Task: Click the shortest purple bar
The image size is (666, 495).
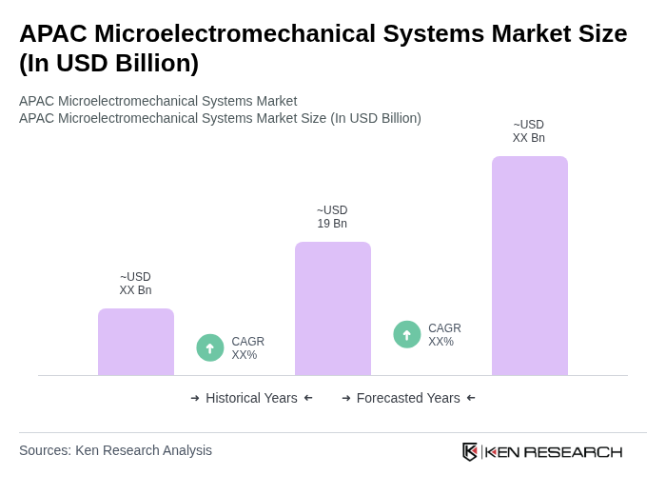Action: [136, 342]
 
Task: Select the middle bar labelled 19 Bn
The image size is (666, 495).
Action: [333, 308]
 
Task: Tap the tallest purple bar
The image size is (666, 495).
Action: [530, 266]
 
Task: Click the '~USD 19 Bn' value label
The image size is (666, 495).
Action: [332, 217]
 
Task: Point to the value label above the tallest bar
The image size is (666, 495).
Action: [529, 131]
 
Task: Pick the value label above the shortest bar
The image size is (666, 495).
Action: [135, 284]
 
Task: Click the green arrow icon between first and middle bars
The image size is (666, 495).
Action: [210, 347]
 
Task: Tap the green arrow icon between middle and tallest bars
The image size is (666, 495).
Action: [407, 334]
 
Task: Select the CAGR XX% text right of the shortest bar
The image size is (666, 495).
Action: [247, 348]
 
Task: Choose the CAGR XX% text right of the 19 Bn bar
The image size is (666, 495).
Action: [444, 335]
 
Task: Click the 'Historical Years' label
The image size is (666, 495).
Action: [251, 398]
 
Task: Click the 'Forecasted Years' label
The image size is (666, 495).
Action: [408, 398]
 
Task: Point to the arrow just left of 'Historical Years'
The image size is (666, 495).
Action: [195, 398]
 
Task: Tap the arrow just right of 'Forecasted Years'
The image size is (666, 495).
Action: [471, 398]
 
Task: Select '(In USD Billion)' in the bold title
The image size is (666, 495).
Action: [109, 63]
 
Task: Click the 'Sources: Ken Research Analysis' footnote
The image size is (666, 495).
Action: [115, 450]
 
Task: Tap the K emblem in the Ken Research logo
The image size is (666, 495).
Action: [470, 451]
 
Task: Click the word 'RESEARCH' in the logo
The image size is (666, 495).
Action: [573, 451]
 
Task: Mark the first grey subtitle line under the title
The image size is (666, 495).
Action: [158, 101]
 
